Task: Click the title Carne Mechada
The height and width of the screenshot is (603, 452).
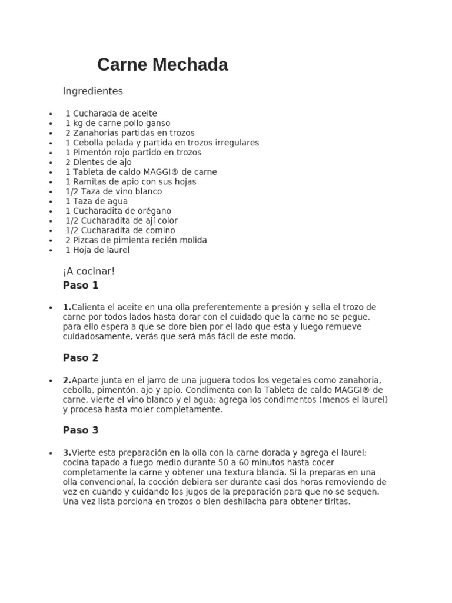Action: (162, 65)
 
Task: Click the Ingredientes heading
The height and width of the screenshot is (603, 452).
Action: (92, 91)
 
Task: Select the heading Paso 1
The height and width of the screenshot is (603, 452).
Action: (81, 286)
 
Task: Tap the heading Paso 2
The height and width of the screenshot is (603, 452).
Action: (81, 358)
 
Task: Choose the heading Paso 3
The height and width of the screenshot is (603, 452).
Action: (81, 430)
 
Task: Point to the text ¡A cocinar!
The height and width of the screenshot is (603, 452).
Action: (89, 271)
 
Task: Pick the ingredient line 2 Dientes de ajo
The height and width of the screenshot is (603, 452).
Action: (98, 162)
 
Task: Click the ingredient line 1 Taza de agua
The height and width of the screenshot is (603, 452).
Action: (97, 201)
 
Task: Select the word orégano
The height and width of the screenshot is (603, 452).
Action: (152, 211)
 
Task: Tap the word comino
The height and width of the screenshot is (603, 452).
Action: (159, 230)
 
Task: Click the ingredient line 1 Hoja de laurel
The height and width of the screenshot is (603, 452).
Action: (98, 250)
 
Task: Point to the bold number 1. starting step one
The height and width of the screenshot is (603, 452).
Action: (67, 307)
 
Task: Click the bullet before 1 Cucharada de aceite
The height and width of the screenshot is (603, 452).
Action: (51, 114)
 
